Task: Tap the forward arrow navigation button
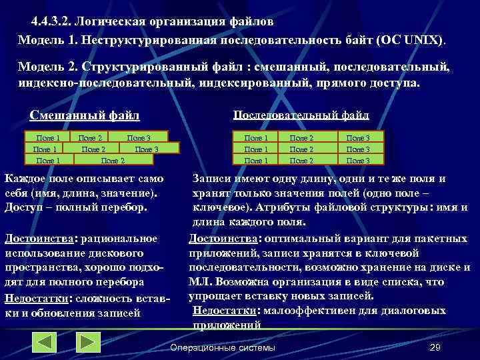pos(87,341)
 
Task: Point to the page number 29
pos(436,348)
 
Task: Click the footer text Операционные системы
pos(223,348)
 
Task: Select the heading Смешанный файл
pos(85,115)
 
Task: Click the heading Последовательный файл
pos(301,115)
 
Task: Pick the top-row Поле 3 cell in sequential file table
pos(358,138)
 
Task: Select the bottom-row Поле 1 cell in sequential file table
pos(257,161)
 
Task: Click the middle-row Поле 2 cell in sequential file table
pos(301,149)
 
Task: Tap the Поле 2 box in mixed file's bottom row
pos(113,161)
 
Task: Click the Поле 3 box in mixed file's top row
pos(139,138)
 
